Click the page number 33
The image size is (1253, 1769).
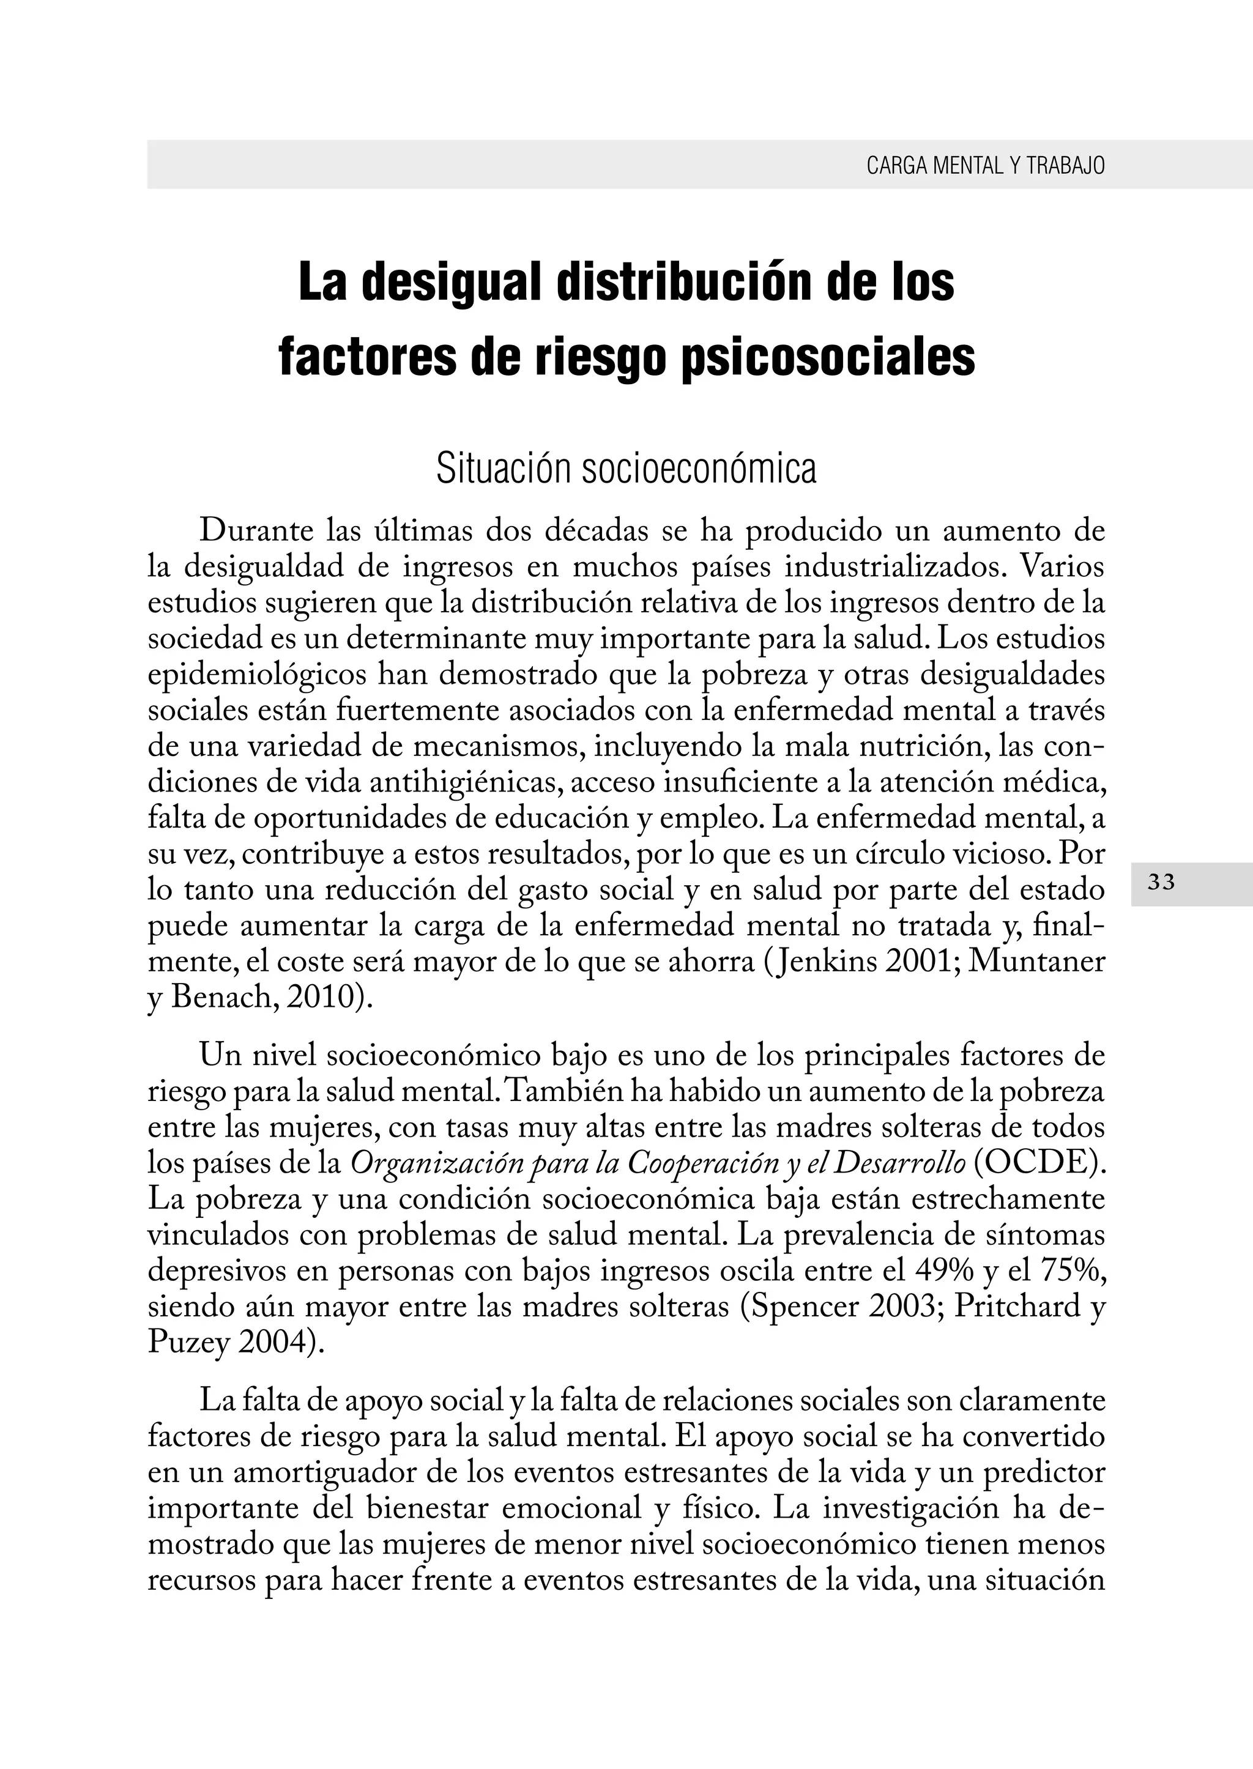(1161, 883)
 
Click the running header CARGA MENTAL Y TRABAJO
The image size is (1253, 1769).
(985, 165)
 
